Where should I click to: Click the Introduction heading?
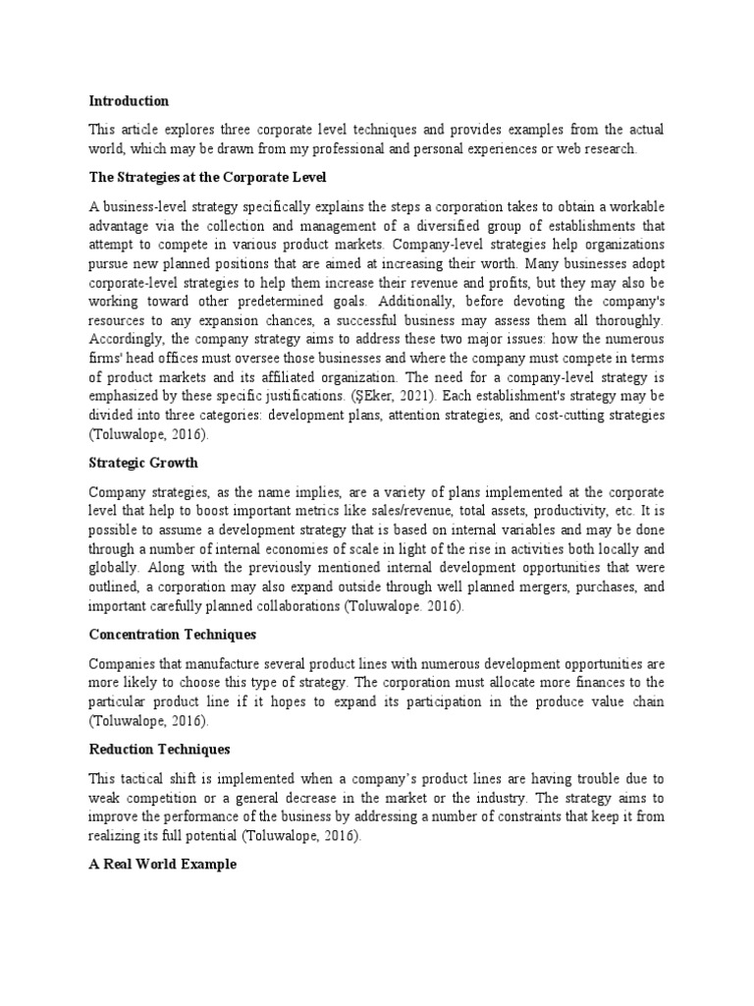129,101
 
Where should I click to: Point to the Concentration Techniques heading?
172,635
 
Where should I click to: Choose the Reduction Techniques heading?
159,749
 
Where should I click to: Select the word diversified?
450,225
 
